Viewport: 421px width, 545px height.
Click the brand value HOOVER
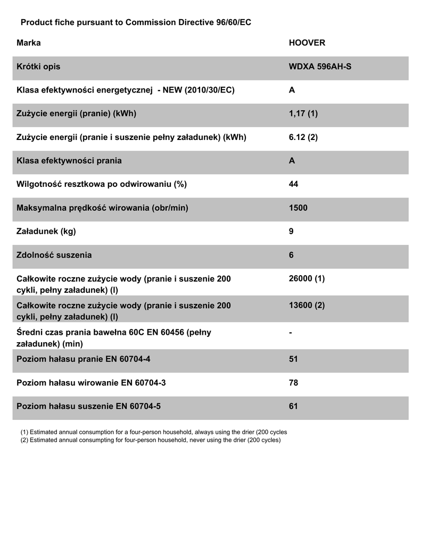pos(307,43)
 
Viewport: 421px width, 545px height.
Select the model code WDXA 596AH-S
pos(320,67)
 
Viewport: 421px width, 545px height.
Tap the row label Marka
pos(29,43)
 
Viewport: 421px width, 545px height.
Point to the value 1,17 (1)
pos(303,114)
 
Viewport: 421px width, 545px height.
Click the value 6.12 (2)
pos(303,137)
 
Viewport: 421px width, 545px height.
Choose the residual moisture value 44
pos(293,184)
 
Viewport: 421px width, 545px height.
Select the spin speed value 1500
pos(298,208)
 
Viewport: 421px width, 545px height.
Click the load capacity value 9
pos(291,232)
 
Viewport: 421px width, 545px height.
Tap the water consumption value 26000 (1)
pos(307,279)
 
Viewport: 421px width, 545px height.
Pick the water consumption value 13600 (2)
pos(307,305)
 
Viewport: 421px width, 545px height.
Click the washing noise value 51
pos(293,359)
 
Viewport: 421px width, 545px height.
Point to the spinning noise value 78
pos(293,383)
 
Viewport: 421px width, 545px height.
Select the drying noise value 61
pos(293,406)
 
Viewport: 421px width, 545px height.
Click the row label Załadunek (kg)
pos(50,232)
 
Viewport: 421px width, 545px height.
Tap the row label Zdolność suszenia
pos(54,255)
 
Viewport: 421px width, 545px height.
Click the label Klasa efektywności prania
pos(69,161)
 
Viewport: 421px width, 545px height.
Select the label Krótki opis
pos(38,67)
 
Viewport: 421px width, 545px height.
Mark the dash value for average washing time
pos(291,333)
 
